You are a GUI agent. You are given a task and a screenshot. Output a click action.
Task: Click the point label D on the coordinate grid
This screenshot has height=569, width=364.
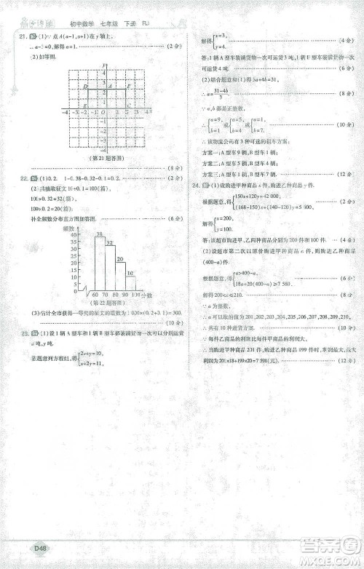pos(85,85)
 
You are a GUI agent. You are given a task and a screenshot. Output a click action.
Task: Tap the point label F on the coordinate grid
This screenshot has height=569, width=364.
pos(128,85)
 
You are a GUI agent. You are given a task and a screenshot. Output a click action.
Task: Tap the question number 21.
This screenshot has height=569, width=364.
pos(23,36)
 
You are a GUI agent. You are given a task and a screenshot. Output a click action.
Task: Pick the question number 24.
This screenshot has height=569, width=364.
pos(195,186)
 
